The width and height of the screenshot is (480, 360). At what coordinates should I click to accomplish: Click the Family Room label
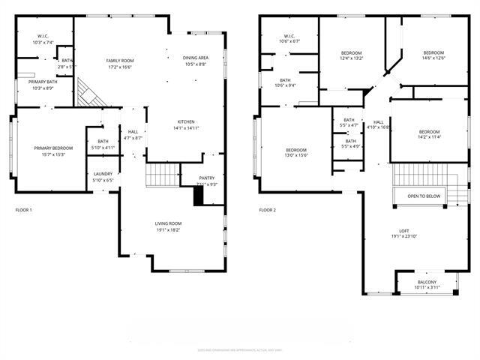tap(119, 60)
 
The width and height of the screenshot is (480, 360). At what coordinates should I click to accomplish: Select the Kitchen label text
tap(186, 121)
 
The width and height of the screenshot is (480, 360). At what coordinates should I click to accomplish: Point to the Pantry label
tap(207, 178)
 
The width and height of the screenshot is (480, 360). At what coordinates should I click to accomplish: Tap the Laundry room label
tap(103, 174)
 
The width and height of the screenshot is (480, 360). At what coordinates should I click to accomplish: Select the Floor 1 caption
tap(23, 210)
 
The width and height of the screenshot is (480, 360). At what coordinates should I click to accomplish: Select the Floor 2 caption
tap(268, 210)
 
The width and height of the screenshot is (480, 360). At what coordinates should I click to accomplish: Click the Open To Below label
tap(424, 196)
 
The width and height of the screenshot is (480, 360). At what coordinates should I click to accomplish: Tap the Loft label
tap(404, 230)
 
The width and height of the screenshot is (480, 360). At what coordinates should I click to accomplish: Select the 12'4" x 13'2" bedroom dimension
tap(352, 58)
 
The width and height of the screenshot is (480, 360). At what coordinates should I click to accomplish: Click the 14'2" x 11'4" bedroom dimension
tap(429, 137)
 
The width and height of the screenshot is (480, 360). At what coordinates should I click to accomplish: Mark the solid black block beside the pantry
tap(199, 195)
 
